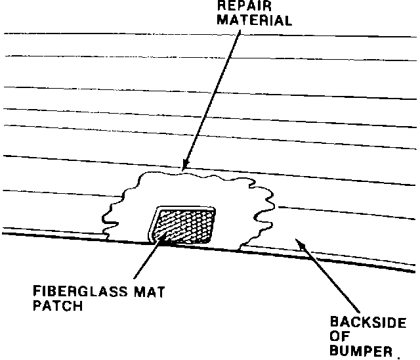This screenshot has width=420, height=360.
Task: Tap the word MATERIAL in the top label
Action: (x=255, y=20)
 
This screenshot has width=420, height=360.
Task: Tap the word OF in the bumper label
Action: (x=339, y=336)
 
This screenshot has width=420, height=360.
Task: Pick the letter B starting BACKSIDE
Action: (x=333, y=323)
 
